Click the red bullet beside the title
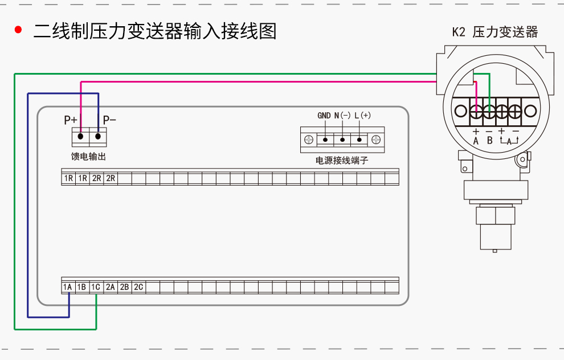pos(18,30)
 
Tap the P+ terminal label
pos(71,120)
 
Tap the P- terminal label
pos(109,120)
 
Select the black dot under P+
pos(81,137)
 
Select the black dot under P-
pos(98,137)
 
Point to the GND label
pos(324,116)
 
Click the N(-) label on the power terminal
pos(342,116)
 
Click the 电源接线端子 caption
pos(342,161)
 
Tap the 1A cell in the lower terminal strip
pos(68,288)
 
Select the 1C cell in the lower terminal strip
pos(96,288)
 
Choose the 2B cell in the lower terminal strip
pos(124,288)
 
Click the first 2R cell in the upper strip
pos(97,179)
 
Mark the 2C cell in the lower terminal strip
pos(138,288)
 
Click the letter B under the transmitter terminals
pos(489,140)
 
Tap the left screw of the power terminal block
pos(309,140)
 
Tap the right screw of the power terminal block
pos(376,140)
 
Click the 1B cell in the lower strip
pos(81,288)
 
